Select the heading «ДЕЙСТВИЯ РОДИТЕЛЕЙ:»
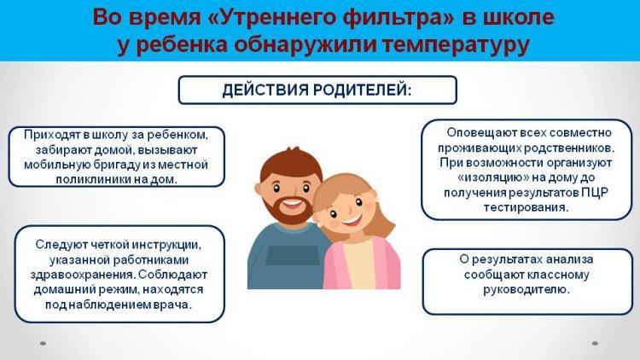click(317, 90)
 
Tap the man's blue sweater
click(286, 257)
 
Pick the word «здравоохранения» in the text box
click(82, 275)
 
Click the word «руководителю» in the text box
click(527, 290)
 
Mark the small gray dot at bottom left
click(43, 343)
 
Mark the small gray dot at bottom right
click(595, 343)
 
